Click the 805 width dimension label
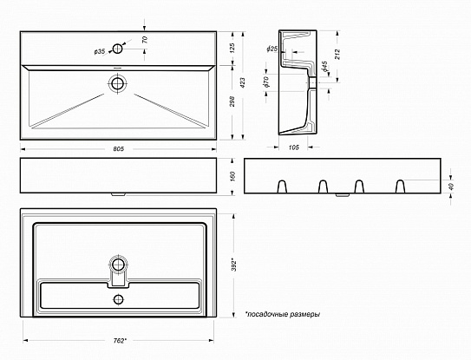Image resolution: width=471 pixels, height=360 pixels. point(118,148)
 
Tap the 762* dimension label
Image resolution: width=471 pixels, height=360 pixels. point(120,341)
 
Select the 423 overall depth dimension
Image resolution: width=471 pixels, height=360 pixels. point(243,82)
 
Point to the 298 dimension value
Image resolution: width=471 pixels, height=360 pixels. point(232,101)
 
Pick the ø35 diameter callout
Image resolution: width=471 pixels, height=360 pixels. point(100,52)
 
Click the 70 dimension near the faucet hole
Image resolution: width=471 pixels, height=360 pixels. point(145,40)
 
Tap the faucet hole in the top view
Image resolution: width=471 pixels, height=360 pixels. point(117,49)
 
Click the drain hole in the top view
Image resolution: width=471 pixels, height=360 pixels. point(118,83)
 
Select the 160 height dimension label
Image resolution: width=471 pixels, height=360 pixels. point(233,176)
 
